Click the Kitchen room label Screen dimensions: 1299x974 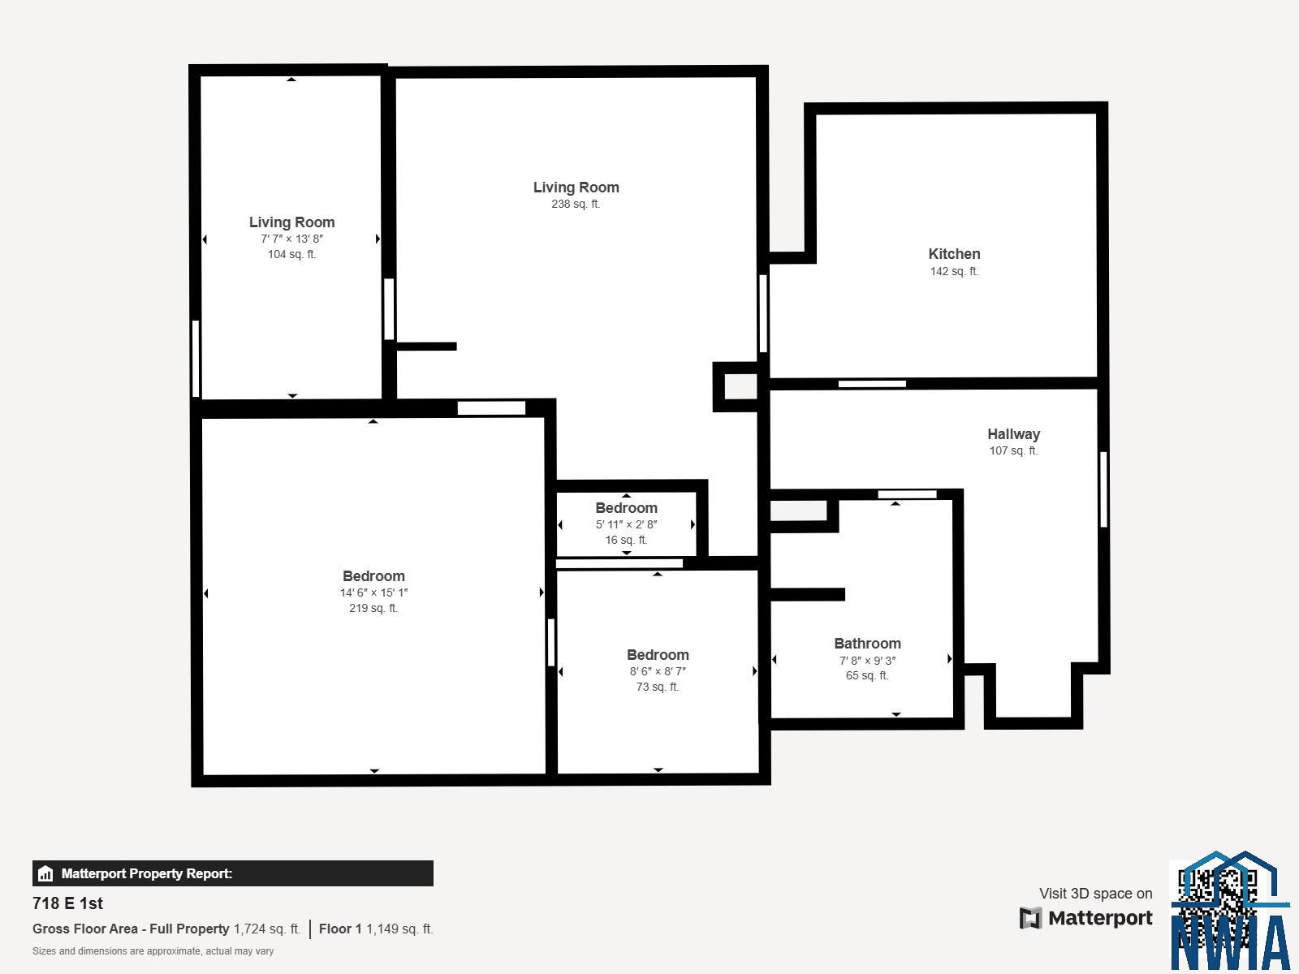click(954, 254)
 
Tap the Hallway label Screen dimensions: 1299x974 click(1013, 434)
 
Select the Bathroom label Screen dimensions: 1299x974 click(867, 644)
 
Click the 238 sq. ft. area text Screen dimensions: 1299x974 click(576, 204)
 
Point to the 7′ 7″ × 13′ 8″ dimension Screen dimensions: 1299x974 click(291, 239)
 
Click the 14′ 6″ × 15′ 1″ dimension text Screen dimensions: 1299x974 click(373, 593)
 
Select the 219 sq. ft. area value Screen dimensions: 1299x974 click(373, 608)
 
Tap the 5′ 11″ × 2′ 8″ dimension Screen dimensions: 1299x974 click(626, 524)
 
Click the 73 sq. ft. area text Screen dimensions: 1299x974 click(658, 687)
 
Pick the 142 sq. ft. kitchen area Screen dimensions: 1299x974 click(954, 271)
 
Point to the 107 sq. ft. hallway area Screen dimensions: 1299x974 click(1013, 450)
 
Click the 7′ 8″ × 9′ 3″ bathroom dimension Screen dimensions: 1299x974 click(867, 661)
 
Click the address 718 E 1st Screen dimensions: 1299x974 click(67, 903)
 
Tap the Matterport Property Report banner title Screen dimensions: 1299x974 click(147, 873)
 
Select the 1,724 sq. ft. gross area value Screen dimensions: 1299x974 click(267, 929)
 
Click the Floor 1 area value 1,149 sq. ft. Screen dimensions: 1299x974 click(399, 929)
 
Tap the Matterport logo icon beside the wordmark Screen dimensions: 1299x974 click(1030, 918)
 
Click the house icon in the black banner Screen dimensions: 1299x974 click(45, 873)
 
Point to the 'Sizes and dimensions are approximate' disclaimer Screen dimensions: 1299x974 click(153, 951)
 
